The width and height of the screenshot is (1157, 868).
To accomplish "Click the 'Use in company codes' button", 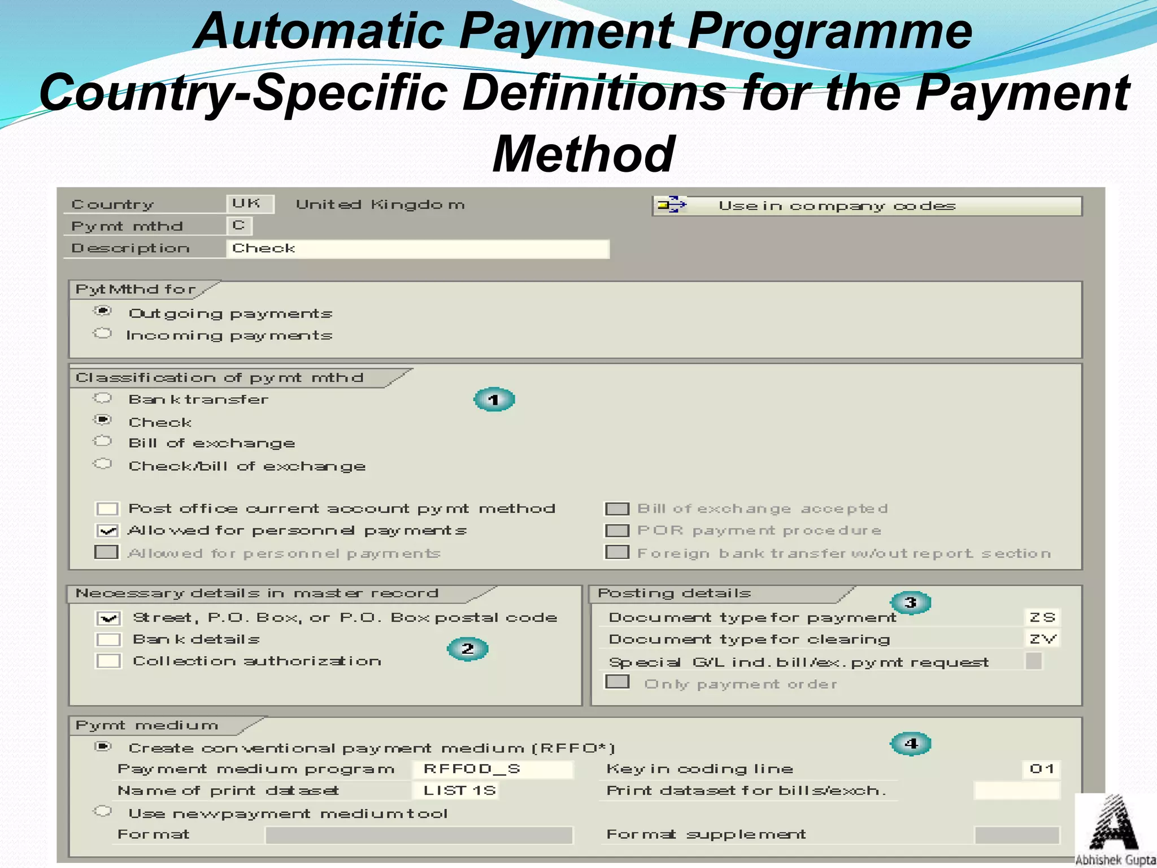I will tap(867, 206).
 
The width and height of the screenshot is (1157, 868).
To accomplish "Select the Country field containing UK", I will tap(250, 204).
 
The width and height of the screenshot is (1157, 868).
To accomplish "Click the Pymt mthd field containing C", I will tap(239, 226).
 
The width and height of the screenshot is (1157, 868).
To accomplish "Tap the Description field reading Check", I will tap(417, 249).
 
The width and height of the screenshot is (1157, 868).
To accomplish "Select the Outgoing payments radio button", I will tap(103, 311).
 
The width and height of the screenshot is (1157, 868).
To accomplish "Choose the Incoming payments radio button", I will tap(103, 334).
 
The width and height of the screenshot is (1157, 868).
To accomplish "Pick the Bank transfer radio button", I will tap(103, 398).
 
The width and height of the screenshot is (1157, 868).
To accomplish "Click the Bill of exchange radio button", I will tap(103, 441).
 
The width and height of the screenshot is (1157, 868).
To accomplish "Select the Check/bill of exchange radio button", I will tap(103, 465).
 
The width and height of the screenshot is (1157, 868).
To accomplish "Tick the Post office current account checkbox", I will tap(107, 509).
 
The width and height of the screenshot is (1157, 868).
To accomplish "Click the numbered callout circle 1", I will tap(494, 400).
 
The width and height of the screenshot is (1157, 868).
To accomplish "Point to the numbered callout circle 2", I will tap(468, 649).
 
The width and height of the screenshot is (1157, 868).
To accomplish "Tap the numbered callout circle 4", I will tap(911, 744).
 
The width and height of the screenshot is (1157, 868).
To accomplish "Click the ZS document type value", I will tap(1042, 617).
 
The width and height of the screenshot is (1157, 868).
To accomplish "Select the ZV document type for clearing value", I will tap(1042, 639).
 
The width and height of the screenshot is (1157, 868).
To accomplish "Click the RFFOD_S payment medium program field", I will tap(491, 769).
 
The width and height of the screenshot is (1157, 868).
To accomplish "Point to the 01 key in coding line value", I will tap(1041, 769).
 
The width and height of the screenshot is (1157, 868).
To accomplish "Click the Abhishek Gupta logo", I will tap(1114, 830).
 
